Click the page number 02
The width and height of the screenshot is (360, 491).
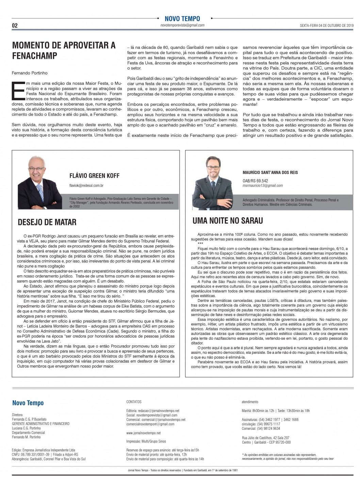[15, 26]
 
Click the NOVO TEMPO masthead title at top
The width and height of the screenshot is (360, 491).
[182, 19]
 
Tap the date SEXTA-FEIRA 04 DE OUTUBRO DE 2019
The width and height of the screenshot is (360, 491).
[327, 26]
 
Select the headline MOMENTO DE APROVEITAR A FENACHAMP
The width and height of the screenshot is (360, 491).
[64, 50]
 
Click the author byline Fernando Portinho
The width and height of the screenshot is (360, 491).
[30, 73]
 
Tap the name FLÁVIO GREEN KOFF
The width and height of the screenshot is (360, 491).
[94, 176]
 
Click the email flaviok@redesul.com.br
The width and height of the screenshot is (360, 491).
[86, 185]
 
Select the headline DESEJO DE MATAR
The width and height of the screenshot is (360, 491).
[47, 222]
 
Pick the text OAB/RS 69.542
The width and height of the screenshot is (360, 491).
[255, 181]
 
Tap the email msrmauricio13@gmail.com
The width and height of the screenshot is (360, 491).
[263, 185]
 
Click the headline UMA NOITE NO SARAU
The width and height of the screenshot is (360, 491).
[228, 221]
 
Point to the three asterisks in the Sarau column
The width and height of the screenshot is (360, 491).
[200, 244]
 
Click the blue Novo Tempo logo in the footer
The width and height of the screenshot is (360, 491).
[28, 403]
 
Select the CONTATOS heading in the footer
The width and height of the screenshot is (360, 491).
[134, 402]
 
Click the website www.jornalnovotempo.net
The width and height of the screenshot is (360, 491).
[143, 433]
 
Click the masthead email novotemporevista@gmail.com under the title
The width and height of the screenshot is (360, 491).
[182, 25]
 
